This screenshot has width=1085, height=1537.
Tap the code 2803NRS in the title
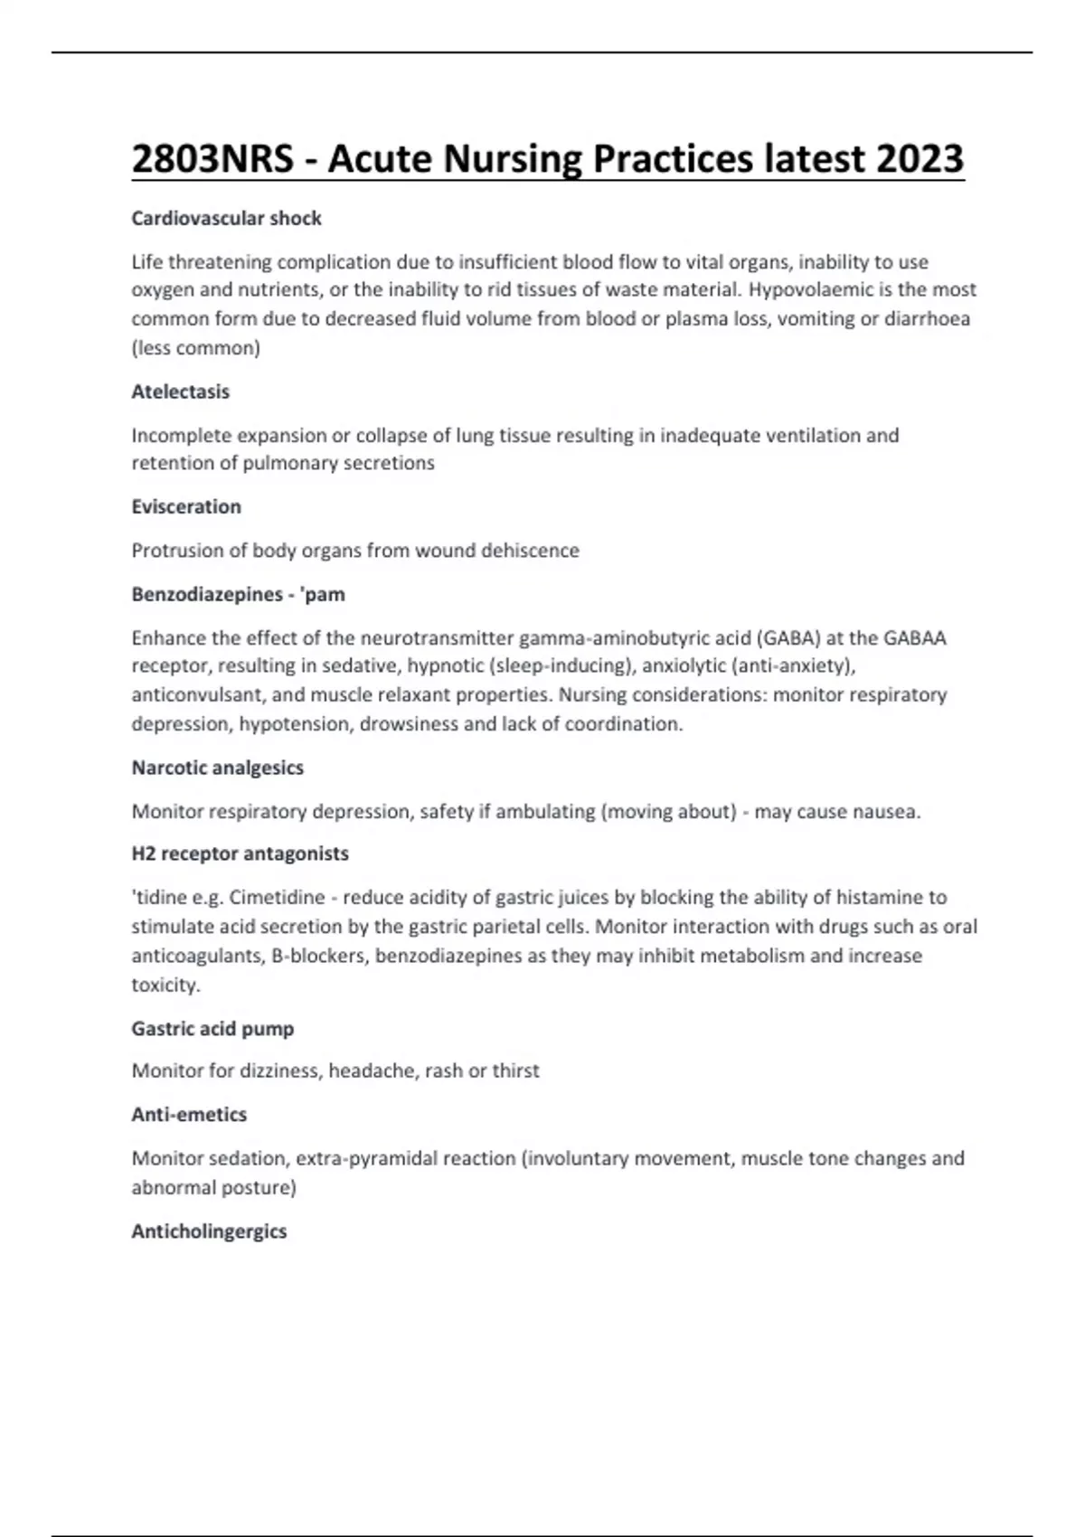[212, 159]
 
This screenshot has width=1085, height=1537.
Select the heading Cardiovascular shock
[226, 219]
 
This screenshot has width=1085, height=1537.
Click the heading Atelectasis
[180, 392]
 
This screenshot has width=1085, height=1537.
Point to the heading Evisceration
[186, 507]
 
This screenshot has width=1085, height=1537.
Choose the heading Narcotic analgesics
[217, 768]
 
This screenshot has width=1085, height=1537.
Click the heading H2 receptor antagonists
[240, 853]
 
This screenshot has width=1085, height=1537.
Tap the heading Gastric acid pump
[212, 1029]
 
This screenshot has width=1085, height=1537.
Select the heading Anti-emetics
[189, 1115]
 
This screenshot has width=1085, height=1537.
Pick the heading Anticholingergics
[209, 1231]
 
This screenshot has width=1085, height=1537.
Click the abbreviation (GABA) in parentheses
[788, 638]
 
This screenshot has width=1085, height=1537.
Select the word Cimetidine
[277, 898]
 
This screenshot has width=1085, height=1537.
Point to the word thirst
[515, 1071]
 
